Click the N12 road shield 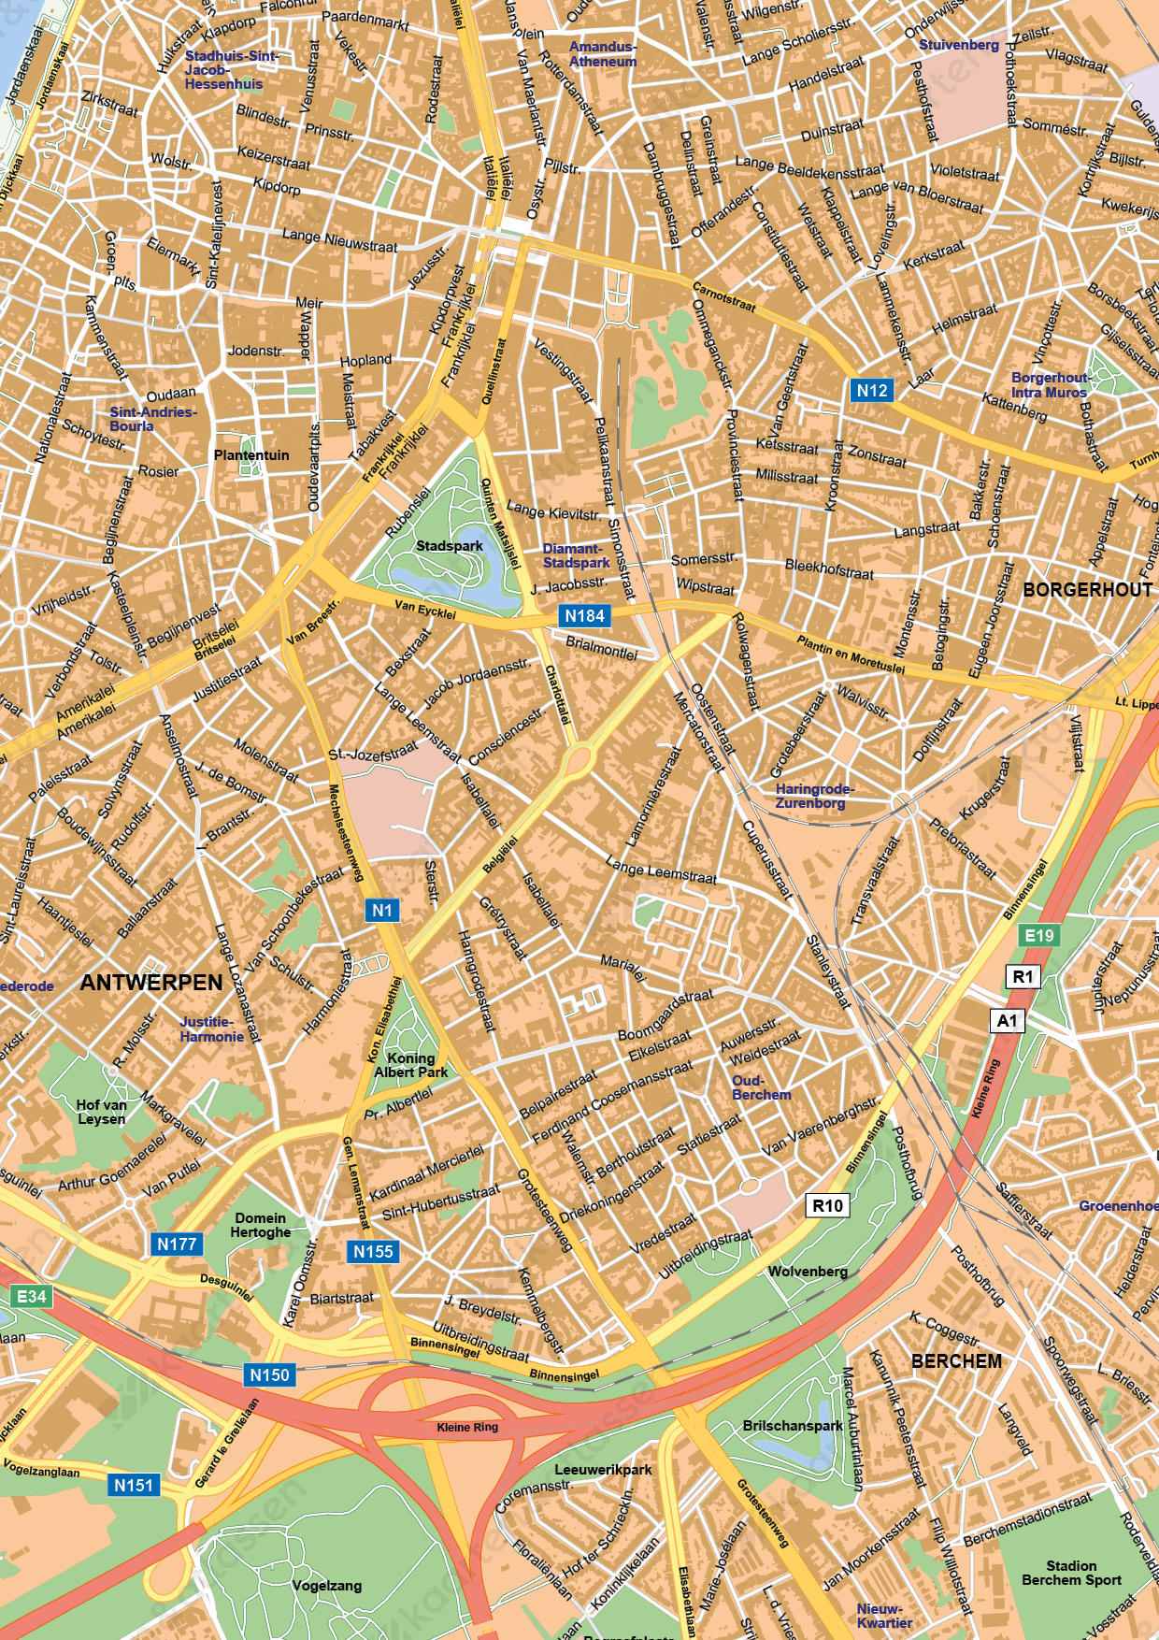[871, 390]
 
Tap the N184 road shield [585, 615]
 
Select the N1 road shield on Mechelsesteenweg [382, 910]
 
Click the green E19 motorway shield [1039, 935]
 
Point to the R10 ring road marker [827, 1205]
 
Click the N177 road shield [177, 1244]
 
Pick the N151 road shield [134, 1485]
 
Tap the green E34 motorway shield [31, 1296]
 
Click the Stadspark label [450, 545]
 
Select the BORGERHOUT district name [1087, 589]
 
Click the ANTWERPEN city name [151, 983]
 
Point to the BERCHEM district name [956, 1360]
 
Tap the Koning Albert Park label [411, 1065]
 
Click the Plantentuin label [251, 455]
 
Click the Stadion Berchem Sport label [1071, 1573]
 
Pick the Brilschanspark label [793, 1426]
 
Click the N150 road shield [269, 1374]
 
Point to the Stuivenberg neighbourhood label [959, 45]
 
